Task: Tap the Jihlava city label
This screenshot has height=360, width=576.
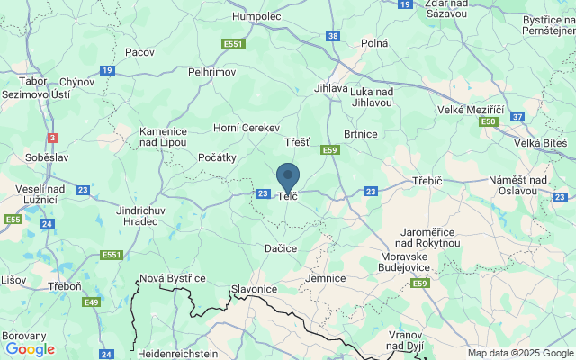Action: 331,88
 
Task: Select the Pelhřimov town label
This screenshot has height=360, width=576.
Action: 212,70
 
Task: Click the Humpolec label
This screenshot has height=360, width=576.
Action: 257,16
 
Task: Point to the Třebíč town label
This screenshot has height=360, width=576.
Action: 427,181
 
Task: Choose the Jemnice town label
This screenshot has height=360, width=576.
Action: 325,278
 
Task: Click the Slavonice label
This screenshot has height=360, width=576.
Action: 254,289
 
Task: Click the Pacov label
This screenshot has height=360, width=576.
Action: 139,52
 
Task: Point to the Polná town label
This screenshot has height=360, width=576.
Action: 373,42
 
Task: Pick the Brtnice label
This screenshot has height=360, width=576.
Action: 360,133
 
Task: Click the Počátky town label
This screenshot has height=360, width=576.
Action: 215,157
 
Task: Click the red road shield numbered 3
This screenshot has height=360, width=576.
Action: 52,138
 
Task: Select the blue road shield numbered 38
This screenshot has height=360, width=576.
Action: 333,36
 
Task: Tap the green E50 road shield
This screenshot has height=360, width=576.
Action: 489,121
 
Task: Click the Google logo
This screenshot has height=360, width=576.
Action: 30,349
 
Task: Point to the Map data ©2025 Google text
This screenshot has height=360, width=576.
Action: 507,353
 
